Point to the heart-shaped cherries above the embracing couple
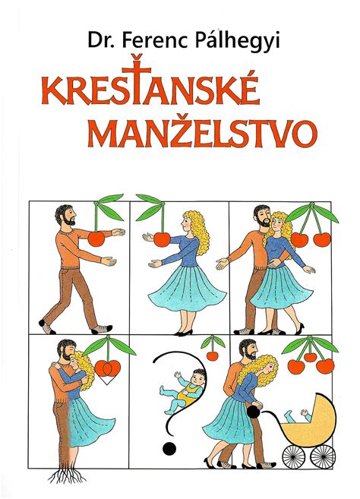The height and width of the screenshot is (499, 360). point(108,368)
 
